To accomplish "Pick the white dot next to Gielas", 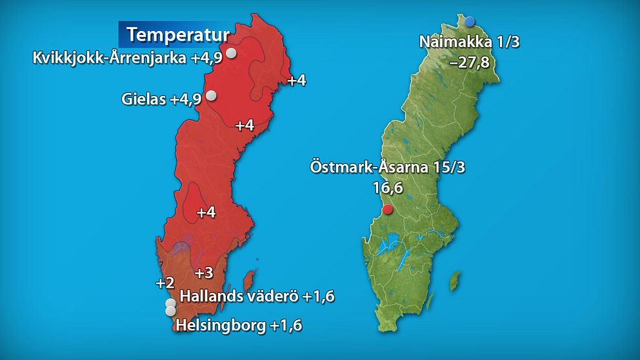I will point(210,96).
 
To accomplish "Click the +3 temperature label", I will point(204,273).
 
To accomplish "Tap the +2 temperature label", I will point(165,283).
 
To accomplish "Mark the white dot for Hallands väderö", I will point(170,303).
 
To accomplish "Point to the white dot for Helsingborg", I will point(170,311).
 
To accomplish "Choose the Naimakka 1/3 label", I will point(469,43).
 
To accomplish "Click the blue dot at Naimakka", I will point(470,21).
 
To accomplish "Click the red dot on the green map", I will point(387,209).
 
